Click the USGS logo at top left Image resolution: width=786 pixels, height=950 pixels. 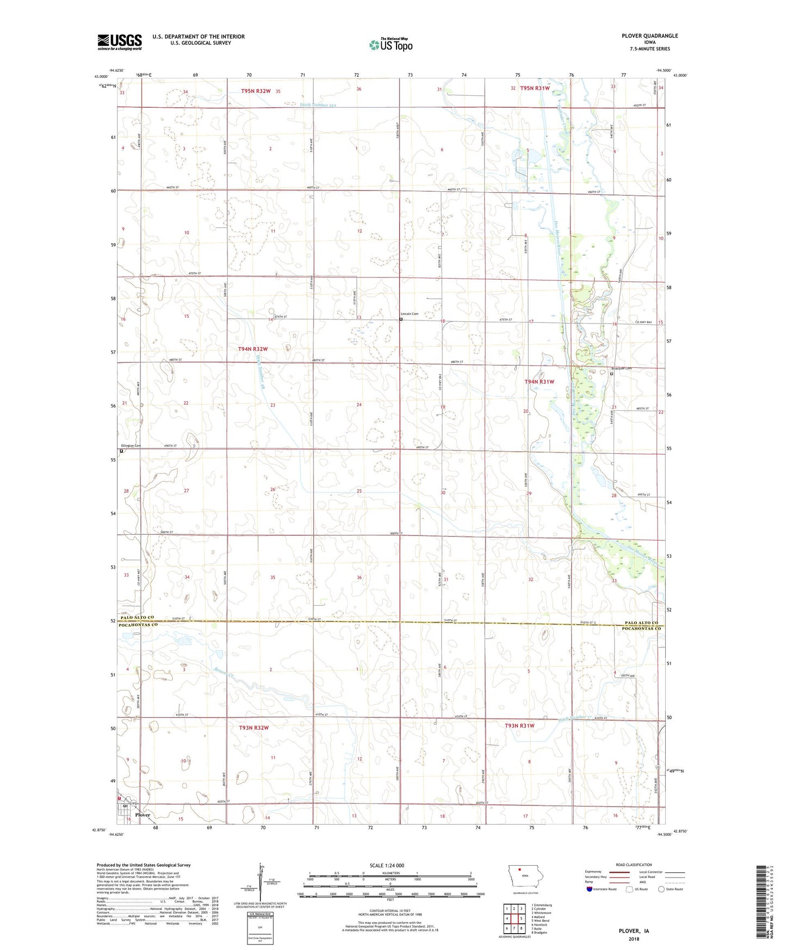(119, 42)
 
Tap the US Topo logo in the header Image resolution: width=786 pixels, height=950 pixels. (390, 45)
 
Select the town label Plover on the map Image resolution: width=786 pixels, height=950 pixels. (143, 815)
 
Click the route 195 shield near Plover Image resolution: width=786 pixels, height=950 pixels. (132, 804)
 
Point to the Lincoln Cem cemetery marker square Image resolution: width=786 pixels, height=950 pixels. (401, 319)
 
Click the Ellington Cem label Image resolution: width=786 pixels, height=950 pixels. (130, 446)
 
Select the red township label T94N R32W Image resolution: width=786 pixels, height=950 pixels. (253, 349)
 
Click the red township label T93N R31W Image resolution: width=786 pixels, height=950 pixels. (519, 726)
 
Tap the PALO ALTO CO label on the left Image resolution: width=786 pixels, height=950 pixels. (136, 618)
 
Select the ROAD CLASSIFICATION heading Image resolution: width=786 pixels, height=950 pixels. (634, 865)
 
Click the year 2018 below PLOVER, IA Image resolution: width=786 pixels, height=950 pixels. (634, 939)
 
